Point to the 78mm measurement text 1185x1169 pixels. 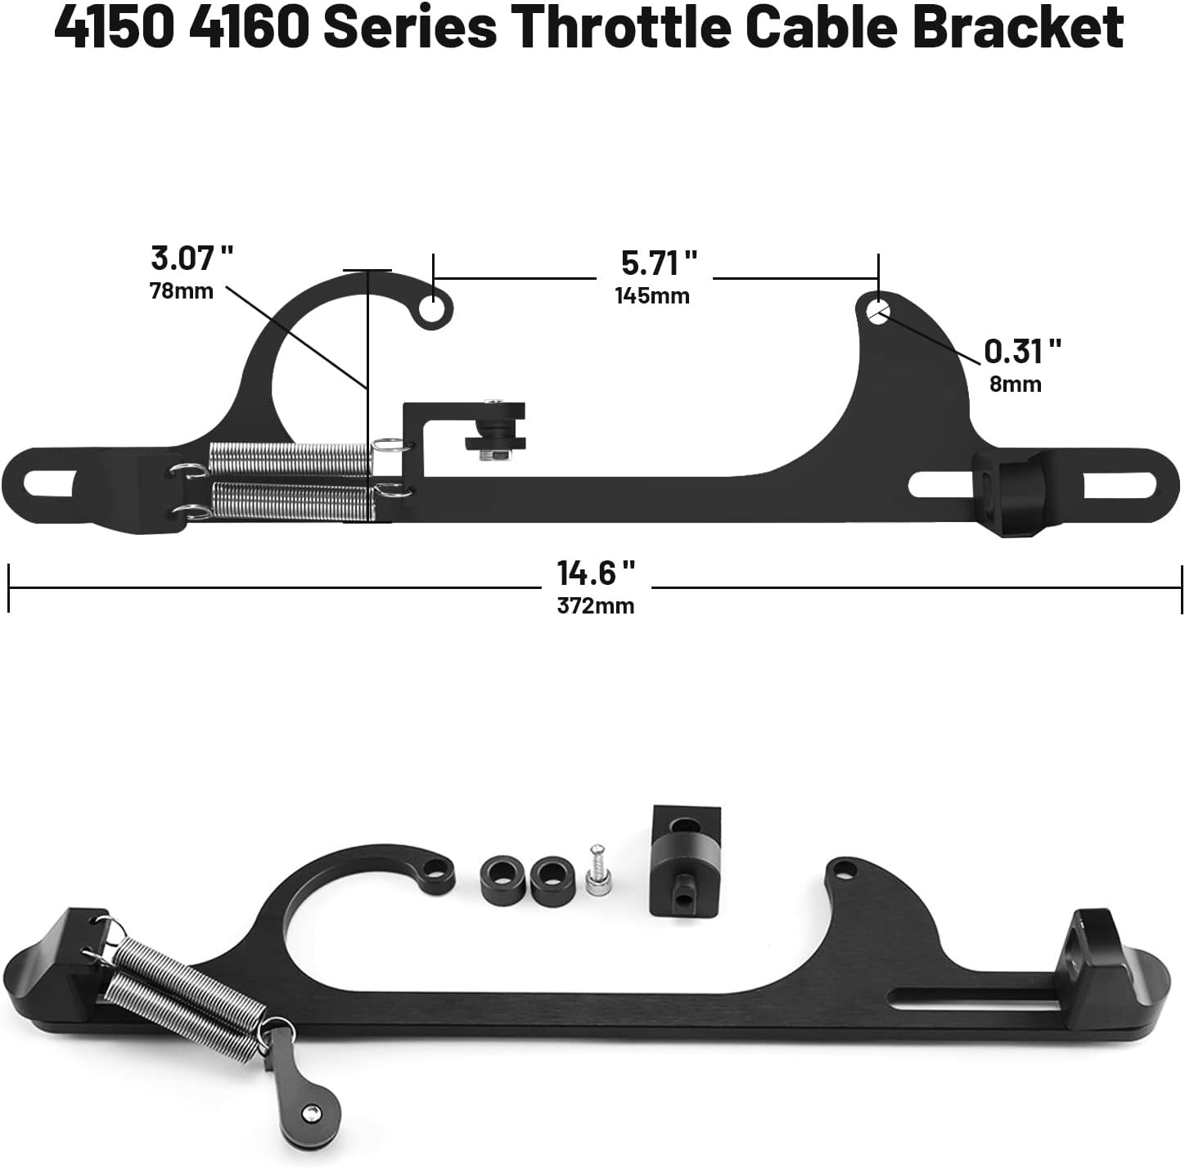pyautogui.click(x=181, y=291)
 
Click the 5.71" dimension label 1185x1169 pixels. pyautogui.click(x=659, y=263)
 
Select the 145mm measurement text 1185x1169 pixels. pyautogui.click(x=652, y=296)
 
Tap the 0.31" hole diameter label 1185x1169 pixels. pyautogui.click(x=1022, y=352)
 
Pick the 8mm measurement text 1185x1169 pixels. pyautogui.click(x=1015, y=384)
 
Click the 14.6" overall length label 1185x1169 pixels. pyautogui.click(x=596, y=573)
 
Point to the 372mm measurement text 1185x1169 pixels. pyautogui.click(x=595, y=606)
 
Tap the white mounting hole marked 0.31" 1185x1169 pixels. pyautogui.click(x=878, y=311)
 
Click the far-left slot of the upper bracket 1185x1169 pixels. pyautogui.click(x=49, y=483)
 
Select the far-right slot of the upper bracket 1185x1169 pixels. pyautogui.click(x=1120, y=486)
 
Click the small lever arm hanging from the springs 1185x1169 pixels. pyautogui.click(x=300, y=1092)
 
